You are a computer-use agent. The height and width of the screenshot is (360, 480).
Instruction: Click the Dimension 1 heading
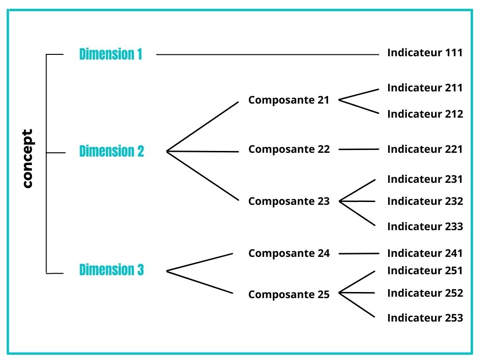pyautogui.click(x=111, y=54)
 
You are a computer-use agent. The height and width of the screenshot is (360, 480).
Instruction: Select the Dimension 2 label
pyautogui.click(x=112, y=151)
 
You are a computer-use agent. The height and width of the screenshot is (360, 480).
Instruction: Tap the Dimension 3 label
pyautogui.click(x=112, y=270)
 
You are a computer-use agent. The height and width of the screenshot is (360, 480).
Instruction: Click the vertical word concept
pyautogui.click(x=28, y=158)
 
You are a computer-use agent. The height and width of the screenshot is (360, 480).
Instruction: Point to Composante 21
pyautogui.click(x=289, y=100)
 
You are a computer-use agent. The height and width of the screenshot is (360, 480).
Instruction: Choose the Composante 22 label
pyautogui.click(x=289, y=150)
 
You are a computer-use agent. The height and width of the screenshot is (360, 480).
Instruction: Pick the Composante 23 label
pyautogui.click(x=289, y=202)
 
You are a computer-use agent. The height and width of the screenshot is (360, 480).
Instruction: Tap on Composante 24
pyautogui.click(x=289, y=254)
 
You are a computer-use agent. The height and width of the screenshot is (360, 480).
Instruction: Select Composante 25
pyautogui.click(x=289, y=294)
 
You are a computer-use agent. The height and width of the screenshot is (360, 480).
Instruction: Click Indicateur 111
pyautogui.click(x=425, y=52)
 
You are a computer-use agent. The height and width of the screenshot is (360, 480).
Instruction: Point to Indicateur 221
pyautogui.click(x=425, y=150)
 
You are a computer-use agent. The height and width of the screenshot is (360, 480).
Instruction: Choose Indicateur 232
pyautogui.click(x=425, y=202)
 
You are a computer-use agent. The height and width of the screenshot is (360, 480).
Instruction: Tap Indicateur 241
pyautogui.click(x=425, y=254)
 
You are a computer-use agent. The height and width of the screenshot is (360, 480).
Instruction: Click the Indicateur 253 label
pyautogui.click(x=425, y=318)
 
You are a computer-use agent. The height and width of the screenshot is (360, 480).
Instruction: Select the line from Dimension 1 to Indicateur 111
pyautogui.click(x=268, y=54)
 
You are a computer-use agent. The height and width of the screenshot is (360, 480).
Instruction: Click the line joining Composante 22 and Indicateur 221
pyautogui.click(x=359, y=150)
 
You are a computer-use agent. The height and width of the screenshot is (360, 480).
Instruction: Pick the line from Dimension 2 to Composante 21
pyautogui.click(x=202, y=127)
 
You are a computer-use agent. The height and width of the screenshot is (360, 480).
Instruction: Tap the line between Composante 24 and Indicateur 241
pyautogui.click(x=359, y=254)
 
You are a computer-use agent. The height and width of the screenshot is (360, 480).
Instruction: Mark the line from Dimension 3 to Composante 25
pyautogui.click(x=200, y=282)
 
